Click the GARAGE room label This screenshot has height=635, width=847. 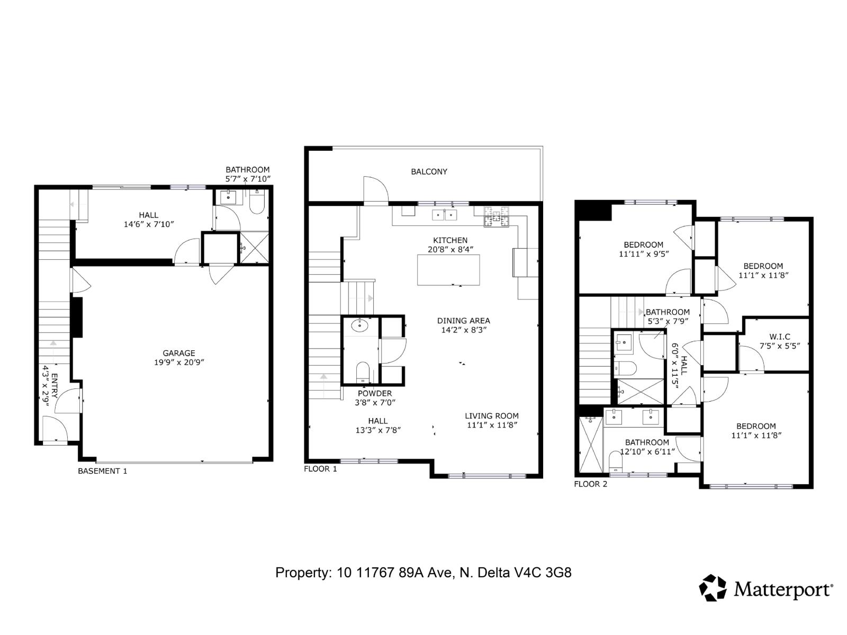[179, 353]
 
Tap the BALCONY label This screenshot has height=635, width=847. [429, 171]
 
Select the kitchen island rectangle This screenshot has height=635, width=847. [448, 270]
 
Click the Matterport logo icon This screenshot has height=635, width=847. [713, 588]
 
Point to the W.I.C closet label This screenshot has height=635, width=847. [779, 337]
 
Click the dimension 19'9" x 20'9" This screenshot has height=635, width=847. [179, 362]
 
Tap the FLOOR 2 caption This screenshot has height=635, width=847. [591, 484]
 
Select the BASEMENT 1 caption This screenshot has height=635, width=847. [103, 471]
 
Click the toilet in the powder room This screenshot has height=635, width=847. [363, 371]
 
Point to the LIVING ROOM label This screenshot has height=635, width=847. [492, 416]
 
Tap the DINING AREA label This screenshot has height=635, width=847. [463, 321]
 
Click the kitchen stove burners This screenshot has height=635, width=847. [496, 216]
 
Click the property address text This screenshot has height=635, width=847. [423, 573]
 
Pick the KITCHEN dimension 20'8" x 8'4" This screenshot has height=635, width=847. [450, 249]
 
